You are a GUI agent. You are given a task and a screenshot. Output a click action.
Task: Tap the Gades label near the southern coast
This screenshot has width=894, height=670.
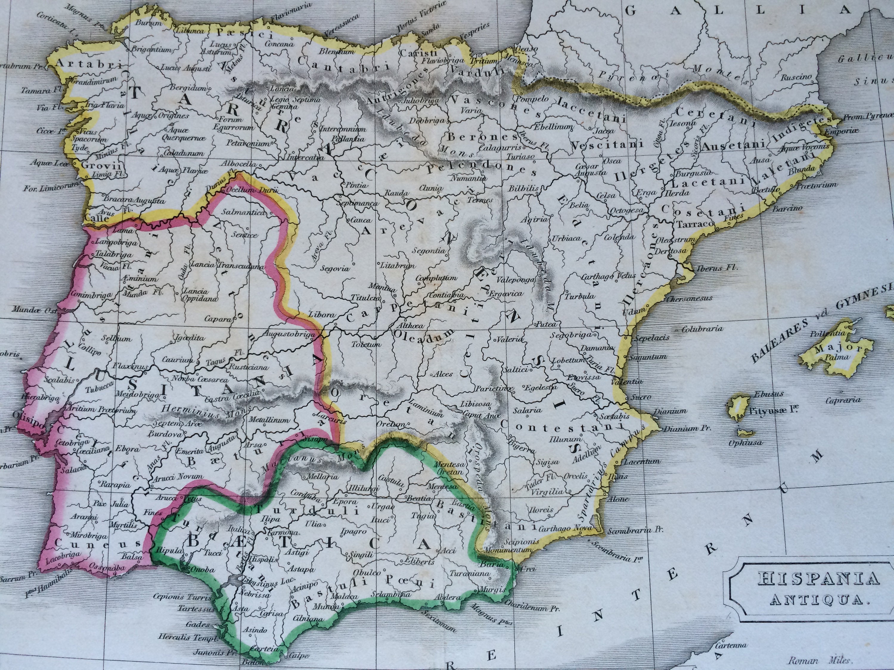click(x=198, y=624)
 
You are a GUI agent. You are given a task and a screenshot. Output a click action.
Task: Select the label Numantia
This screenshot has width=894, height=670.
click(x=468, y=178)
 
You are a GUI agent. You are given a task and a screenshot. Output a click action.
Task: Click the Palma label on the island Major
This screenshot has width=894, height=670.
click(x=837, y=357)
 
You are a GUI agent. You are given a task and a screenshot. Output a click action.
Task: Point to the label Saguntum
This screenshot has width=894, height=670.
click(x=651, y=357)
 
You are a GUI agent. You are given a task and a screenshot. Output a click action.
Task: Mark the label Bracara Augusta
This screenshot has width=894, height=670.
click(x=134, y=200)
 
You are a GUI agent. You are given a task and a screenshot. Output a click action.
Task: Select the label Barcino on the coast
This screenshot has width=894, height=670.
click(x=787, y=209)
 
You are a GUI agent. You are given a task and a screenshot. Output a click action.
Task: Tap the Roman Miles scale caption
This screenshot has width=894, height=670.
click(x=820, y=661)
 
